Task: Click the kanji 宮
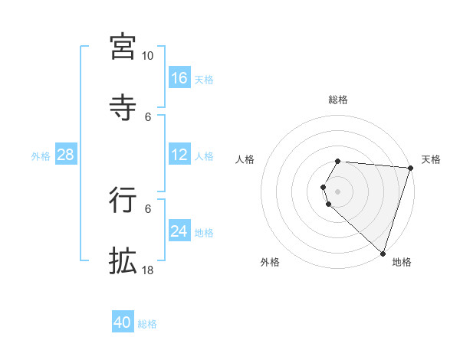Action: click(123, 47)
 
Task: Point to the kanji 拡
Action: click(123, 260)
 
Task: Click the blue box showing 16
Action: click(179, 78)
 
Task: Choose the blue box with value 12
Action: click(179, 155)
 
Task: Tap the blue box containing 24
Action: click(179, 231)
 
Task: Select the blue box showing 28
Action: click(65, 155)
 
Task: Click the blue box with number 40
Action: click(123, 322)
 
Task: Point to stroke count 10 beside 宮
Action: click(147, 56)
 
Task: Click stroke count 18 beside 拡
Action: click(147, 270)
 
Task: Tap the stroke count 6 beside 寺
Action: click(148, 116)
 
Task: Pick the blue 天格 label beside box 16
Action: click(204, 80)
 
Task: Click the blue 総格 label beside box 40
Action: click(147, 324)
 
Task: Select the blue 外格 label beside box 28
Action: click(41, 156)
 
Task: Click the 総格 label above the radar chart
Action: click(337, 100)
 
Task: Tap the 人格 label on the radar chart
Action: click(245, 159)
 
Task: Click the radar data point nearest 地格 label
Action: click(383, 254)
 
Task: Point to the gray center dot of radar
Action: click(337, 191)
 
